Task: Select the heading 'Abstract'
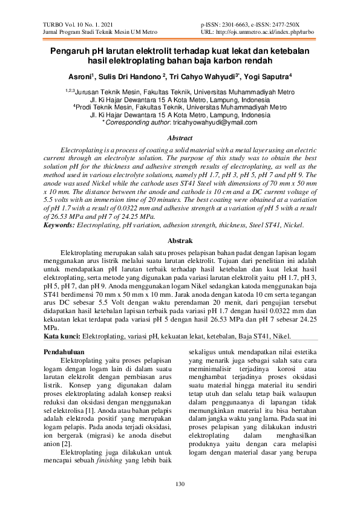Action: tap(179, 138)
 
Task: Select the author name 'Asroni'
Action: tap(79, 77)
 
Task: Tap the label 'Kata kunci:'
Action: tap(62, 336)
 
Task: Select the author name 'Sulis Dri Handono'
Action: tap(128, 77)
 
